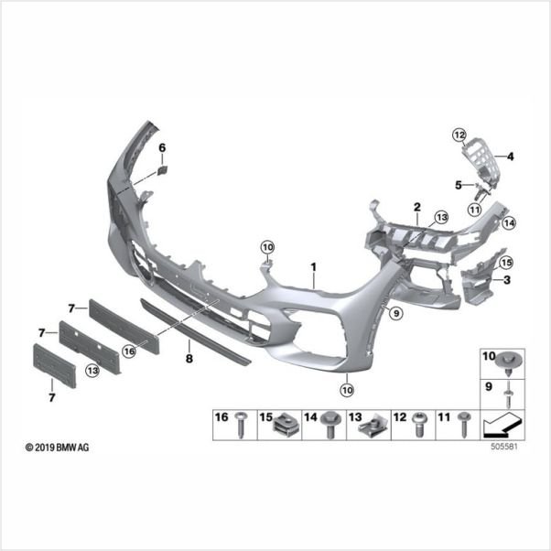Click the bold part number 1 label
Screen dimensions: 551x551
pos(313,267)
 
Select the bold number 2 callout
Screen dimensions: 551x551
pos(417,207)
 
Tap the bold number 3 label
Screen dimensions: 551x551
pos(507,280)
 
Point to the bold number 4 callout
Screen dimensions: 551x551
pos(510,157)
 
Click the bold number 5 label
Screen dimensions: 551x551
pos(459,185)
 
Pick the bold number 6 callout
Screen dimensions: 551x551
pos(162,148)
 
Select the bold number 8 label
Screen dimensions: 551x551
pos(189,359)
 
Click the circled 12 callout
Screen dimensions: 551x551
pos(459,135)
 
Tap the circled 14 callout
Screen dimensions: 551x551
pos(509,222)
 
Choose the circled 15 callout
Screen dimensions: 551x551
pos(505,263)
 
